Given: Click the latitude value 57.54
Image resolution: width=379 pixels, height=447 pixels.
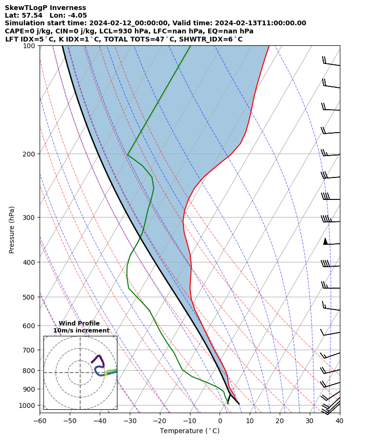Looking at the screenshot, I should tap(31, 15).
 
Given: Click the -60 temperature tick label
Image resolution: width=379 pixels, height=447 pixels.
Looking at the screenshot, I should tap(40, 421).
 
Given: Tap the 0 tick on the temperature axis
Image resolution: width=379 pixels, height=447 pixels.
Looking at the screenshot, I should tap(220, 421).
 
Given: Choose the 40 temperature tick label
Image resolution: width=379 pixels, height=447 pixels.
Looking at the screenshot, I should tap(339, 421).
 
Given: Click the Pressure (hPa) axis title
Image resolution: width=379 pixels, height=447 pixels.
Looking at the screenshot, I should tap(12, 229).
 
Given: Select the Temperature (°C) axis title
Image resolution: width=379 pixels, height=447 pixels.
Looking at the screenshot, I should tap(189, 431).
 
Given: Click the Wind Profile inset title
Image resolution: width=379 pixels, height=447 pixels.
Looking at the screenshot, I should tap(79, 323).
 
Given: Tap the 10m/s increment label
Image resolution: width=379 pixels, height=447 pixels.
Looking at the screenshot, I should tap(81, 331).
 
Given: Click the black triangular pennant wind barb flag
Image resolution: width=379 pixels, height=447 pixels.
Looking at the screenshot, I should tap(325, 241).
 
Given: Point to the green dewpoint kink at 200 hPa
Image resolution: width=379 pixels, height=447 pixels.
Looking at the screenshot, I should tap(127, 155).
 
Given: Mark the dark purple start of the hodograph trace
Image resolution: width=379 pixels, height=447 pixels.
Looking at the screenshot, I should tap(92, 363).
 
